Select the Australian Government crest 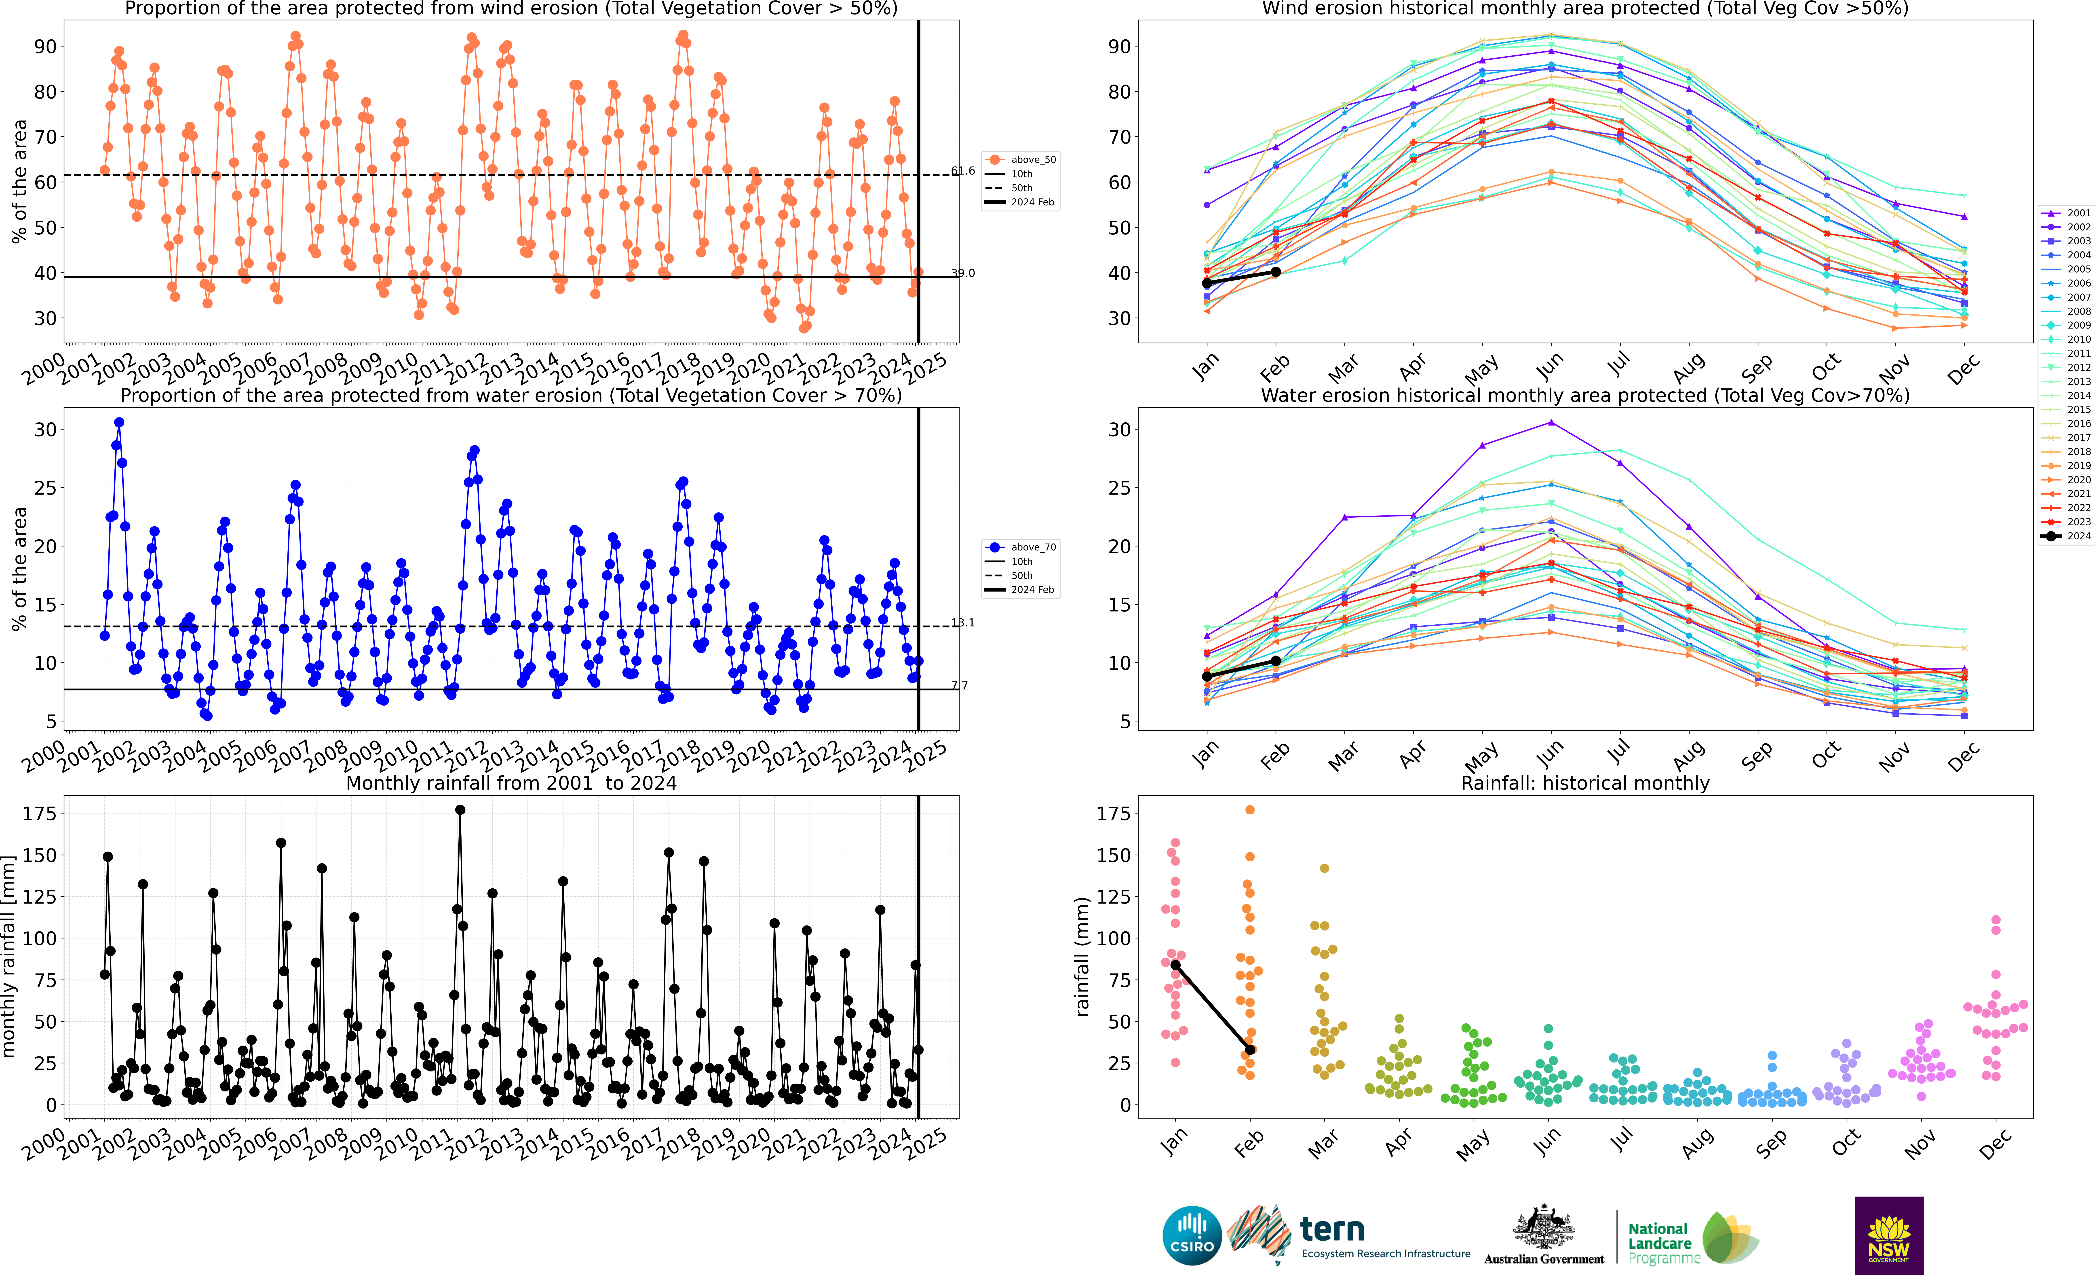click(x=1543, y=1228)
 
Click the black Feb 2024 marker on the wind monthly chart click(x=1275, y=272)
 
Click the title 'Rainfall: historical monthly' click(x=1585, y=783)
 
